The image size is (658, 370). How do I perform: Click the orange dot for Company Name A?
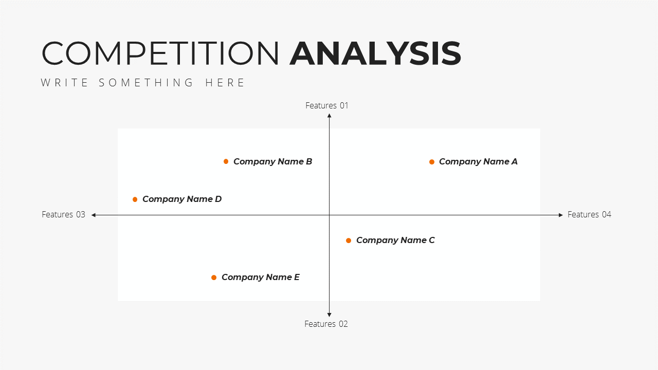coord(431,162)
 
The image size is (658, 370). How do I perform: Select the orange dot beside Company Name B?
coord(226,161)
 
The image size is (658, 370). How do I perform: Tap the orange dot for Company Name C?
coord(349,240)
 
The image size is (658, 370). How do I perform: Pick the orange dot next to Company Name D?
coord(135,199)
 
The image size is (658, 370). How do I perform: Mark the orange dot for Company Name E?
coord(214,277)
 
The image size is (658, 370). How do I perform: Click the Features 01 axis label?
coord(326,105)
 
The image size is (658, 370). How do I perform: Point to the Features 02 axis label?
coord(326,324)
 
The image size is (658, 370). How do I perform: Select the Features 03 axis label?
coord(63,214)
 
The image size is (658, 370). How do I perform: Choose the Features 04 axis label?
coord(589,214)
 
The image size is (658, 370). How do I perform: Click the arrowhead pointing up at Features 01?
coord(330,116)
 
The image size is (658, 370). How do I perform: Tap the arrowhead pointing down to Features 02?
coord(330,315)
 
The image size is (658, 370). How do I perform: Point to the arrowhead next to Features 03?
coord(94,215)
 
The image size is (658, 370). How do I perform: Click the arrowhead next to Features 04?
coord(561,215)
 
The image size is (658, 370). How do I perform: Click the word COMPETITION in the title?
coord(160,53)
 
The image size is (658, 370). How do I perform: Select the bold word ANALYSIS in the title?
coord(375,53)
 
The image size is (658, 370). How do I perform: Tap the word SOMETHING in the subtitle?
coord(146,83)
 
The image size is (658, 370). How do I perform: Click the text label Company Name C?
coord(395,240)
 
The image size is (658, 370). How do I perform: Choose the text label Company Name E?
coord(261,277)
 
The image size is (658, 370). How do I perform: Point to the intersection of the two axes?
coord(330,215)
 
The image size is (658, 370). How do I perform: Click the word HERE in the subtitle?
coord(225,83)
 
